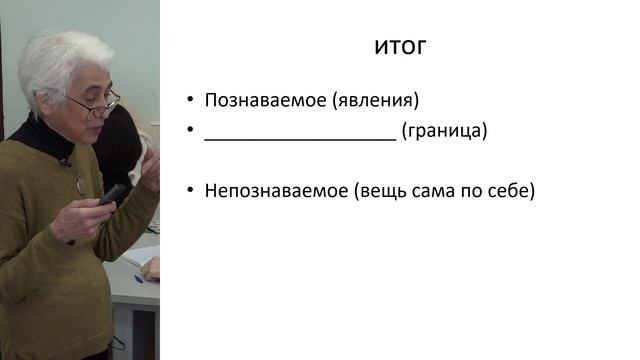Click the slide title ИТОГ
coord(400,47)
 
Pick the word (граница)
coord(444,131)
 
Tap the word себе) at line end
coord(510,190)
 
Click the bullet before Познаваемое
coord(190,101)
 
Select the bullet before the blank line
coord(190,131)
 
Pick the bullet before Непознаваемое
coord(190,190)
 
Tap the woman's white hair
coord(60,60)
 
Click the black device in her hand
coord(112,194)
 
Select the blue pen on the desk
coord(140,278)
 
